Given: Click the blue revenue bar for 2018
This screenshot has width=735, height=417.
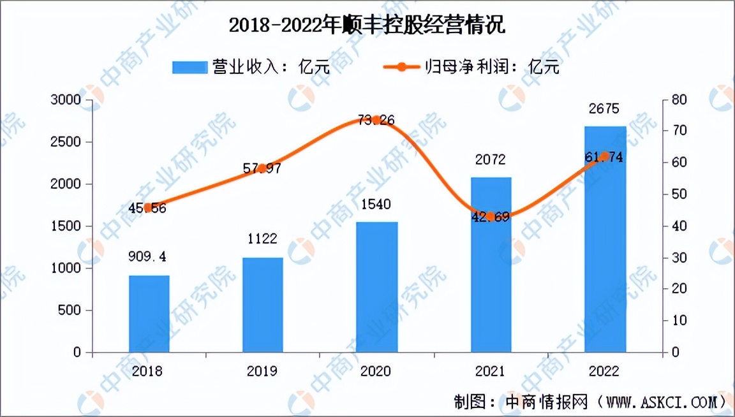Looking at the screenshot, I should (149, 314).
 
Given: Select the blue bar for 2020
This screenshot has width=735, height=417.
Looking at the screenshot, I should (377, 287).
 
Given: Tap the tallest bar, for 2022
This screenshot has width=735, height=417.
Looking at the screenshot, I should (605, 239).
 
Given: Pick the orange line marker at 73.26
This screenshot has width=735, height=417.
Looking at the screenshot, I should (377, 120).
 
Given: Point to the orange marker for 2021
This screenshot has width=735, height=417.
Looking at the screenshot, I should (491, 217).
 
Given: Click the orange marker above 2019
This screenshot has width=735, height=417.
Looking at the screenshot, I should (262, 168).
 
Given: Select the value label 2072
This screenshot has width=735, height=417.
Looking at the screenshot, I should (491, 159).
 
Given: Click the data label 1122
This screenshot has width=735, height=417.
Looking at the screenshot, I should (262, 240).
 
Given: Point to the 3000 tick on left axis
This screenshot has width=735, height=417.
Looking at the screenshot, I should (66, 100).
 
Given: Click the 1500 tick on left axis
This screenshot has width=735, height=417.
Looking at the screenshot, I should (66, 226).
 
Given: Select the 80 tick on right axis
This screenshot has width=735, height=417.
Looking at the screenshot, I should (679, 100).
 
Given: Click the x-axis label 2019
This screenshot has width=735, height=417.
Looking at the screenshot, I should (262, 371).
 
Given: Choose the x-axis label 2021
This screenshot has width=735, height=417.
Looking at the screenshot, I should (491, 371).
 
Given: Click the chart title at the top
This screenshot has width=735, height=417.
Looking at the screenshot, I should (367, 26).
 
